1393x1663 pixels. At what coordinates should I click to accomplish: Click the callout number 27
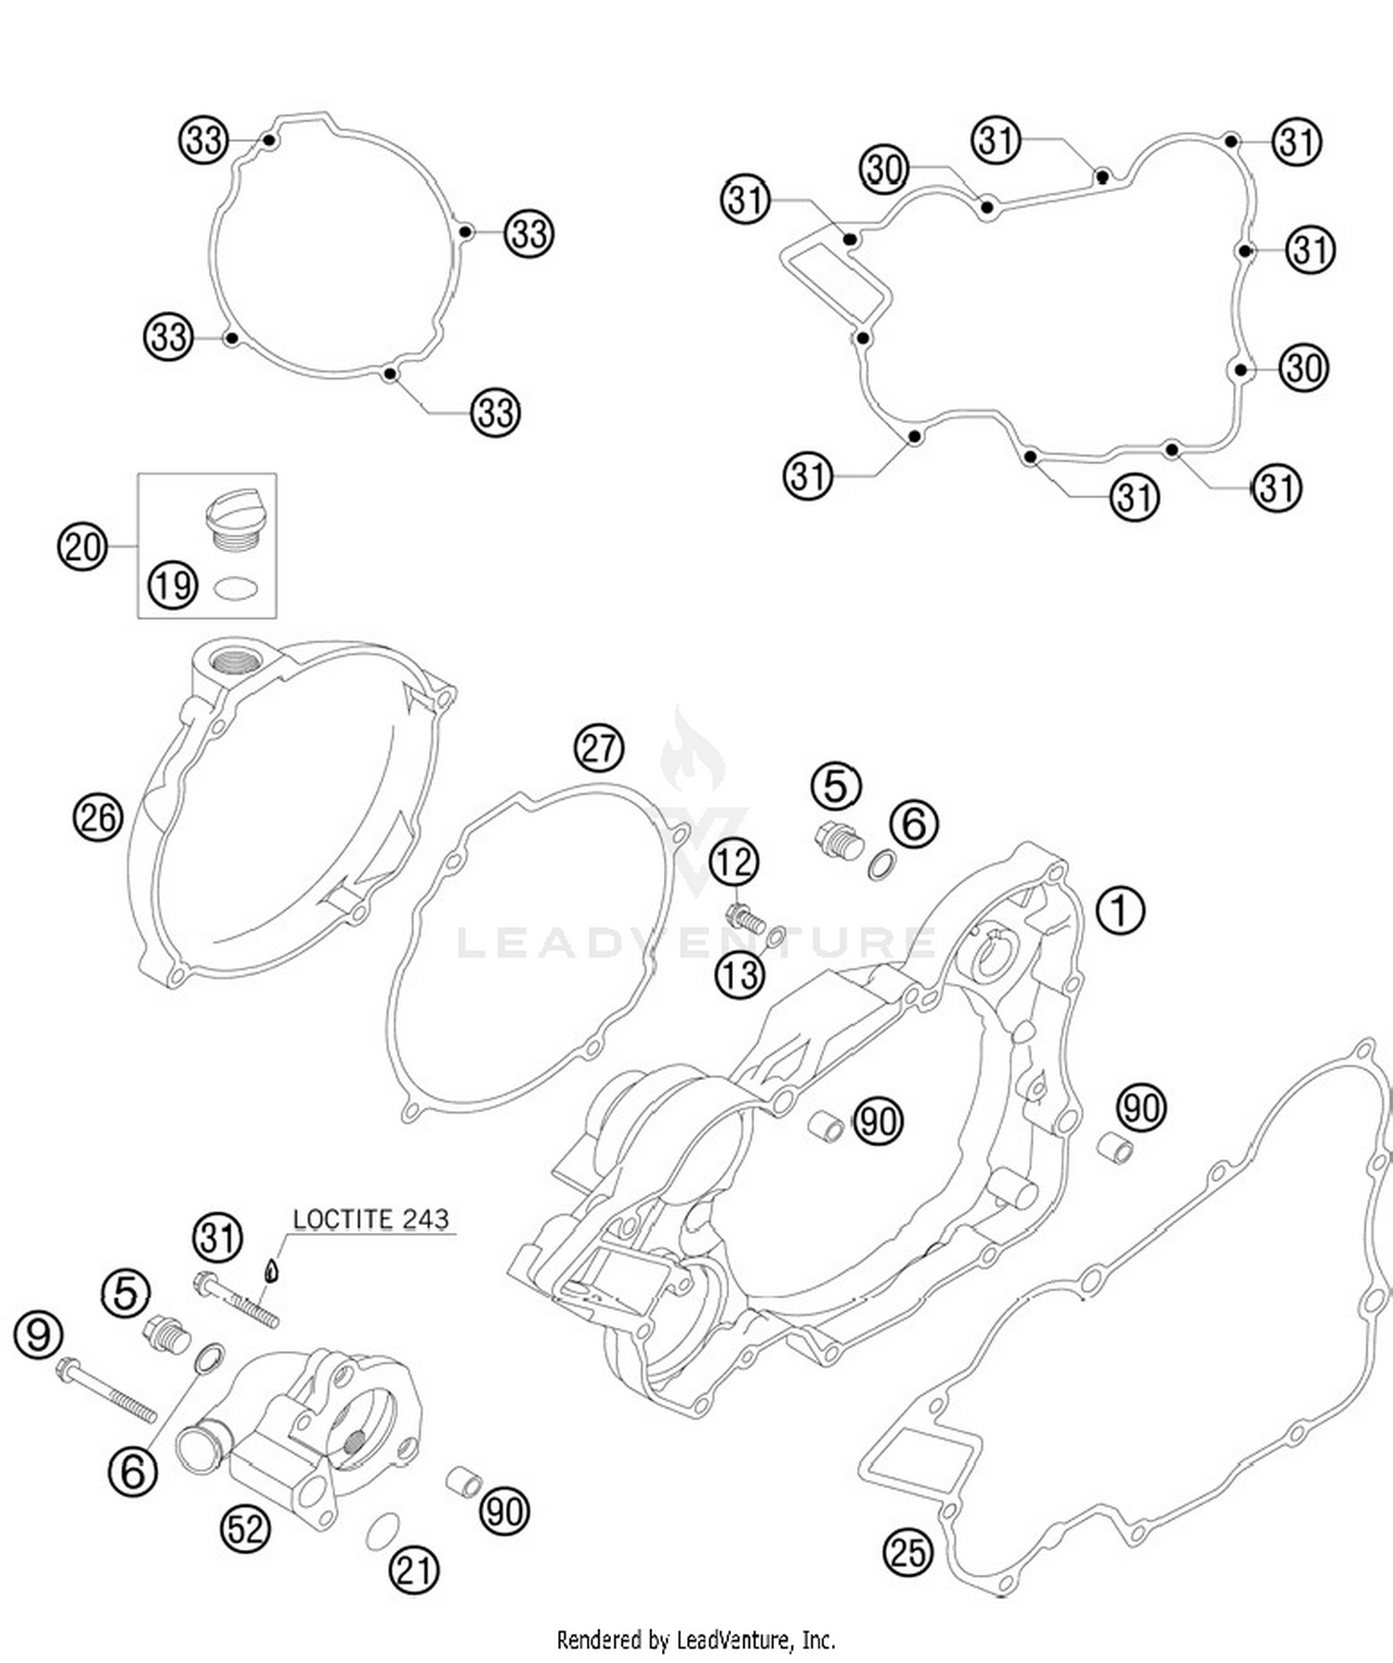tap(599, 747)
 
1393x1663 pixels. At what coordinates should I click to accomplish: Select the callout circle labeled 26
tap(98, 818)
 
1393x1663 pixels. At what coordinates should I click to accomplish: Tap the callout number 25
tap(907, 1552)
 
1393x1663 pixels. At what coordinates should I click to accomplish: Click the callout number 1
tap(1120, 911)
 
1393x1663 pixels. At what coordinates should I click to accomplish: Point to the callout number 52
tap(245, 1527)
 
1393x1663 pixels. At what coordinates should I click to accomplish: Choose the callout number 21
tap(413, 1569)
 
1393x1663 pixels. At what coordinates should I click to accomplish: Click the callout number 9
tap(38, 1335)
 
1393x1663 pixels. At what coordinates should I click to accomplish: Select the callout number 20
tap(83, 546)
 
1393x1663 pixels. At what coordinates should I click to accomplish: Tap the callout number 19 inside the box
tap(173, 586)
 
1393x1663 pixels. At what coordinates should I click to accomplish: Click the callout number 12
tap(735, 863)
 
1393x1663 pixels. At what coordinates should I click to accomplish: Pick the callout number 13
tap(740, 975)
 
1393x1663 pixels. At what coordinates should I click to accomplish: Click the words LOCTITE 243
tap(371, 1219)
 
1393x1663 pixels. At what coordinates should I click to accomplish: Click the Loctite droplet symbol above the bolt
tap(271, 1269)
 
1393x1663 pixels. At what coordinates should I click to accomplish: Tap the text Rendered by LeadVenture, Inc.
tap(696, 1639)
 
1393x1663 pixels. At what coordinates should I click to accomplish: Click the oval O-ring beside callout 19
tap(235, 589)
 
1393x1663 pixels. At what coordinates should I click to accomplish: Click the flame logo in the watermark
tap(692, 752)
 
